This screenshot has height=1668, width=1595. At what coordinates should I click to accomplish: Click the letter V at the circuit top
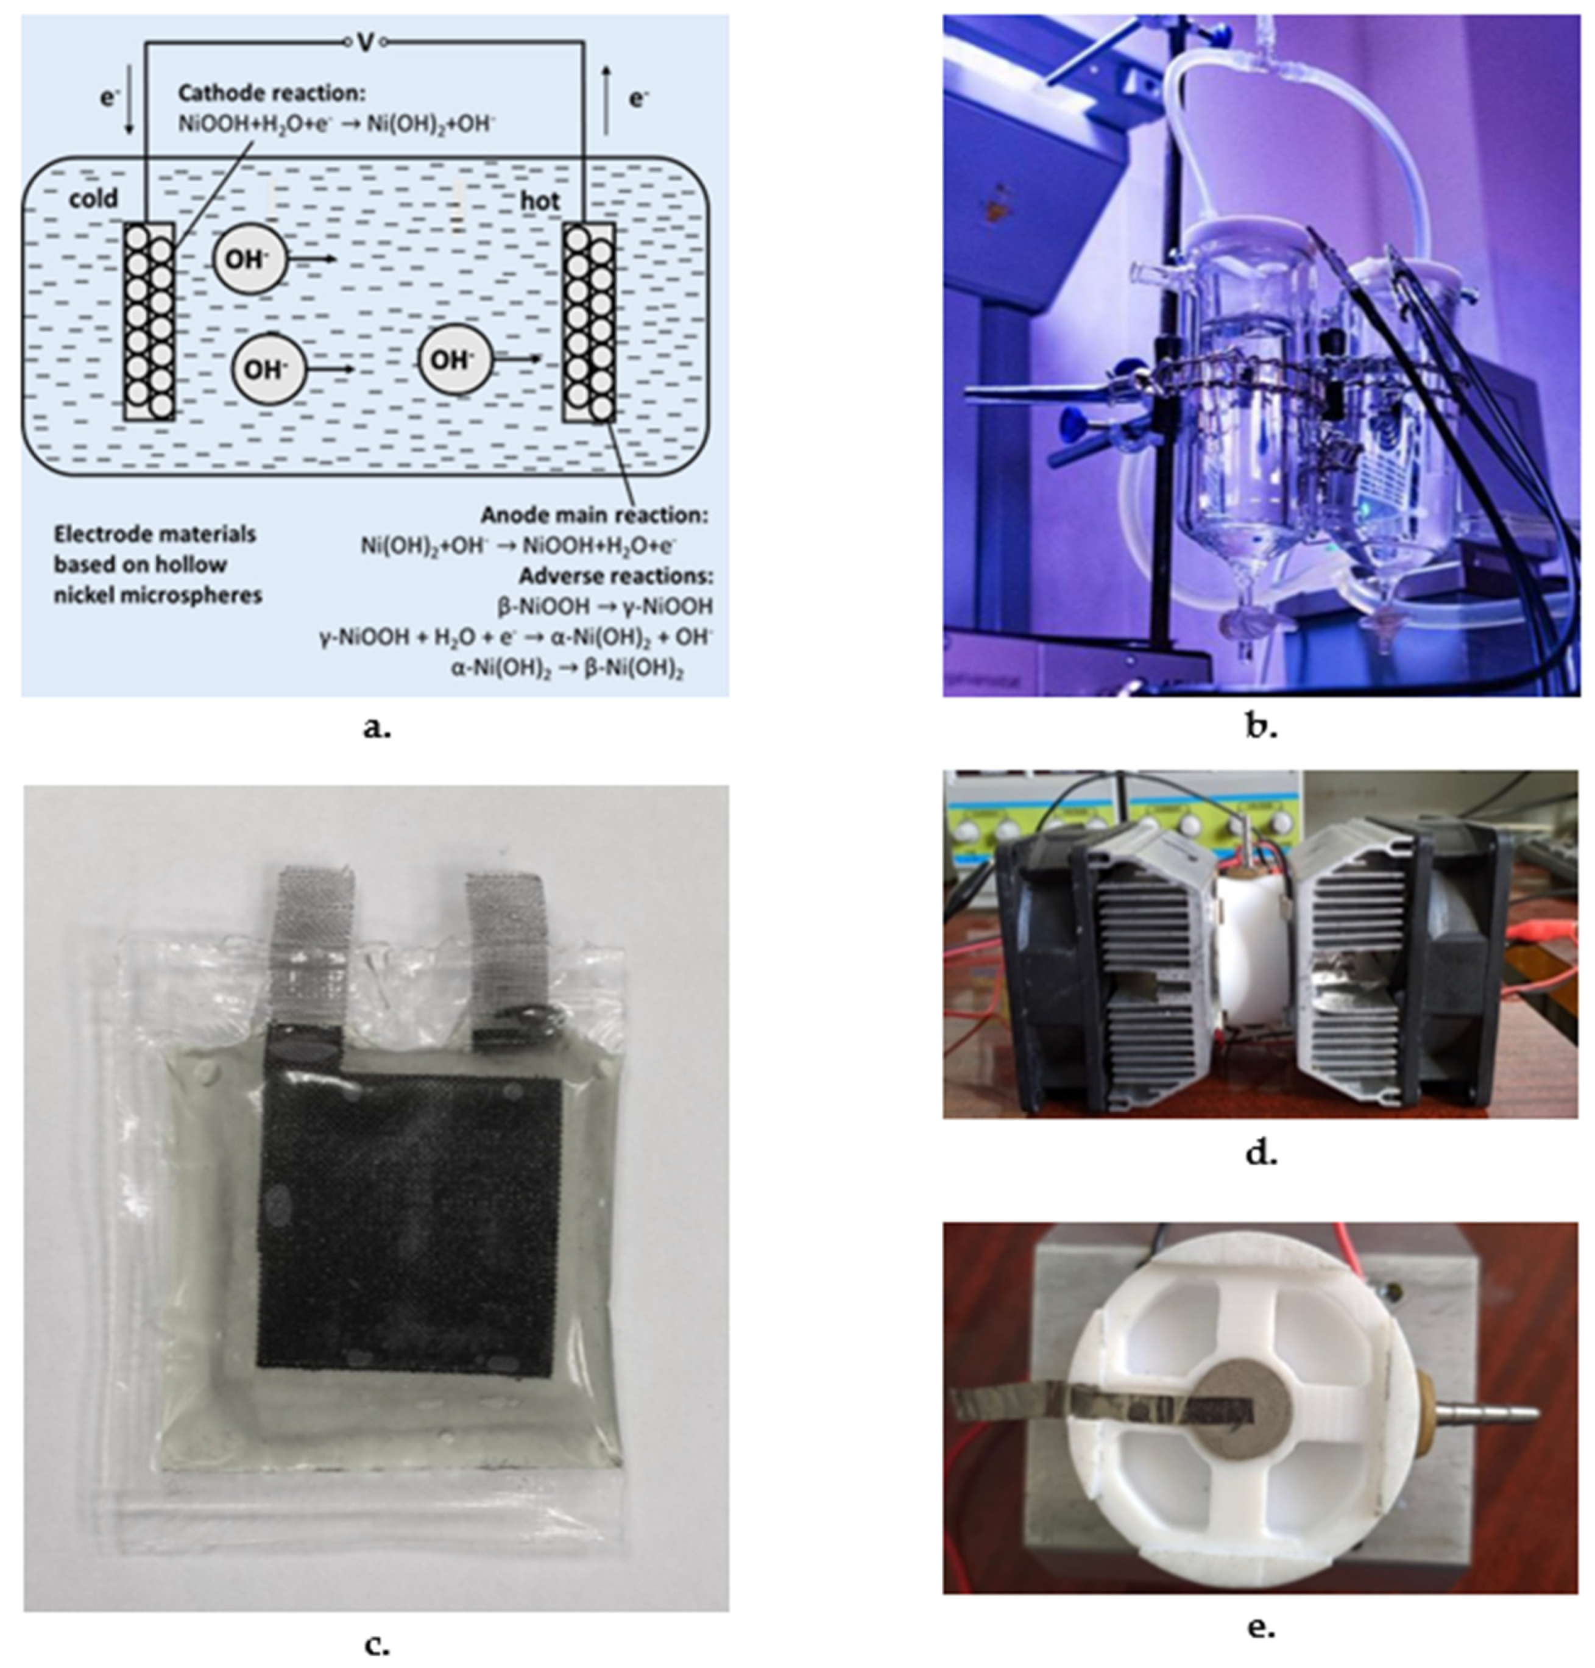point(365,41)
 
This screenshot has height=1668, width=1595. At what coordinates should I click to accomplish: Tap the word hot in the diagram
point(540,201)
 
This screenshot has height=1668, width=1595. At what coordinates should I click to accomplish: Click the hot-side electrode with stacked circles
point(589,322)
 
